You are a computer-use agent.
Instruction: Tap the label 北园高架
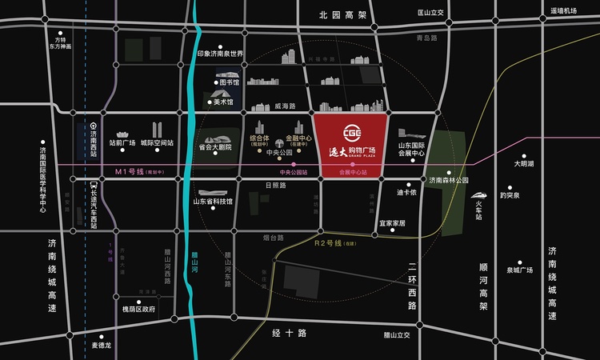342,15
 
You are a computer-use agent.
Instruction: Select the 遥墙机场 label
563,11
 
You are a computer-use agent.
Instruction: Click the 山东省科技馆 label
212,202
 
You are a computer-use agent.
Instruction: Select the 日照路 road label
275,185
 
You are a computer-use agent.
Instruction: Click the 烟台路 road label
274,238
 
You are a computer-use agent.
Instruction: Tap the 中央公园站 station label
294,172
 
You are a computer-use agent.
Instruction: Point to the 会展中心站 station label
352,172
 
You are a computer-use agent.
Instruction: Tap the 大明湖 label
524,163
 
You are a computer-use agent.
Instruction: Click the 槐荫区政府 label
138,309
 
